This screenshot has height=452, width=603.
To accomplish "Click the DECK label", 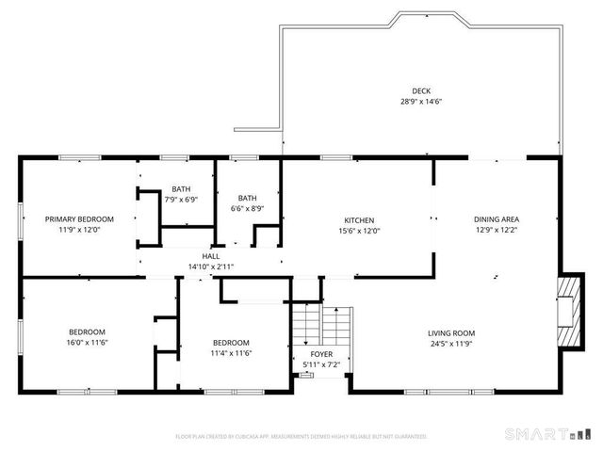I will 420,90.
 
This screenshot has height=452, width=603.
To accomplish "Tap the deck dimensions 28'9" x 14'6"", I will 420,102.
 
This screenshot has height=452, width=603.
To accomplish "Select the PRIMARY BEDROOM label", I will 79,218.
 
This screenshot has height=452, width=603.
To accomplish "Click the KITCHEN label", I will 359,218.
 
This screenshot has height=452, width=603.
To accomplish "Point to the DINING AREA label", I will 497,218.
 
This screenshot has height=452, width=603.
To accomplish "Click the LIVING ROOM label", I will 451,332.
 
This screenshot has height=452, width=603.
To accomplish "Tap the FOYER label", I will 321,354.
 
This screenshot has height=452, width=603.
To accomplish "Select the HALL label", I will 211,256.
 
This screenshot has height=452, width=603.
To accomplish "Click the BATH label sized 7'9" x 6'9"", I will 180,188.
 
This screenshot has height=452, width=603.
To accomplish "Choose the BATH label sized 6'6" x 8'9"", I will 247,197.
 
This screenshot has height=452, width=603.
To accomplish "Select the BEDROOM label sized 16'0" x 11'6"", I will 87,331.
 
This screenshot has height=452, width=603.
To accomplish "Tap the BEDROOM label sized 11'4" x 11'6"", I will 231,342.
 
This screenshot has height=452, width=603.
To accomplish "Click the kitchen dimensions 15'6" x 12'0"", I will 359,230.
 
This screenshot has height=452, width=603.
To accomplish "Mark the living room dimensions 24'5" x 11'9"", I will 451,344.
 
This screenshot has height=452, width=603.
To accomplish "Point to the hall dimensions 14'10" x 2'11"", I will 211,267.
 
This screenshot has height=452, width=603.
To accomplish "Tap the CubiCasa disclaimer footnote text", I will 301,436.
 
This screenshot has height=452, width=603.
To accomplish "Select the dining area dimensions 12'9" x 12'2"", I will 497,230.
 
